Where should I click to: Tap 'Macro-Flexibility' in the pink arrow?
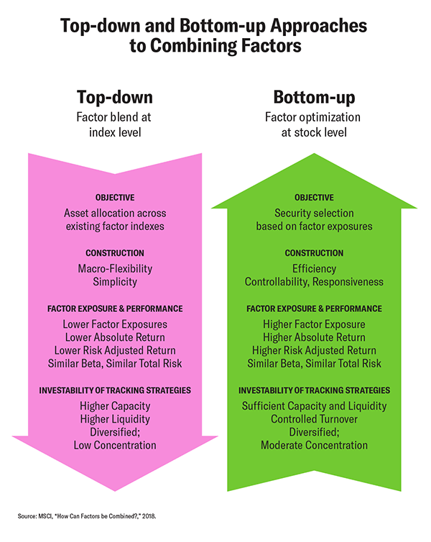click(x=115, y=269)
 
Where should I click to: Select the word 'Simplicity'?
click(x=115, y=282)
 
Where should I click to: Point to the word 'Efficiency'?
click(x=314, y=269)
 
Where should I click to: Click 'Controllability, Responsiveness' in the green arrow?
click(x=314, y=282)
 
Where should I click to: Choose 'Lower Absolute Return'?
click(x=115, y=337)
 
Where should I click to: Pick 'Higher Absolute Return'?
click(x=314, y=337)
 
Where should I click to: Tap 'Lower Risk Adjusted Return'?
click(x=115, y=350)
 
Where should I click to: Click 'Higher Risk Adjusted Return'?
click(x=314, y=350)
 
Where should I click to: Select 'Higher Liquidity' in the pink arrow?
click(x=115, y=419)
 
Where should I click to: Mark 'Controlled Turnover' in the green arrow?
click(x=314, y=419)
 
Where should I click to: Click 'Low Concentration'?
click(x=115, y=445)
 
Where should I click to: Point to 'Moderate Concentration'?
click(x=314, y=445)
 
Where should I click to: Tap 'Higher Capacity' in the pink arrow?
click(x=115, y=406)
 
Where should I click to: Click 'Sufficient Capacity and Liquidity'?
click(x=314, y=406)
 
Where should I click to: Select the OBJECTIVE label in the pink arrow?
click(x=115, y=198)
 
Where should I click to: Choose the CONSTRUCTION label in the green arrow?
click(x=314, y=253)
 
